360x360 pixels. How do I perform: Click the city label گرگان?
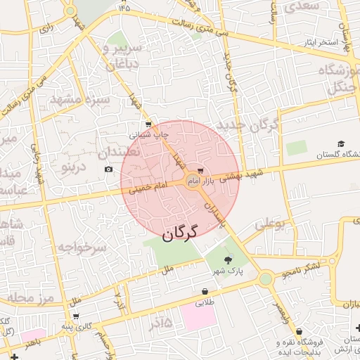pyautogui.click(x=181, y=232)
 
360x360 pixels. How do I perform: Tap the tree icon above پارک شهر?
pyautogui.click(x=227, y=259)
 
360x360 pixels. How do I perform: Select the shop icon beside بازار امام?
pyautogui.click(x=201, y=171)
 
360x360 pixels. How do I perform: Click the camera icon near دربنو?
pyautogui.click(x=108, y=169)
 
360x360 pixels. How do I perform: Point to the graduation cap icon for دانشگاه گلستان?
pyautogui.click(x=341, y=143)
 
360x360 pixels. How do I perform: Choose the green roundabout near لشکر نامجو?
pyautogui.click(x=265, y=279)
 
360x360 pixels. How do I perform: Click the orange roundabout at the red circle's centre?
pyautogui.click(x=192, y=182)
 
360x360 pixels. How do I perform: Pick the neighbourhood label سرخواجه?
pyautogui.click(x=81, y=247)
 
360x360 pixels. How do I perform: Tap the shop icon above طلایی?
pyautogui.click(x=205, y=291)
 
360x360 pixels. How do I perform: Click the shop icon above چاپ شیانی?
pyautogui.click(x=147, y=124)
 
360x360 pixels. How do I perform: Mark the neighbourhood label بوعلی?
pyautogui.click(x=271, y=225)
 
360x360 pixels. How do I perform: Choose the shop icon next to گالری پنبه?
pyautogui.click(x=75, y=316)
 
